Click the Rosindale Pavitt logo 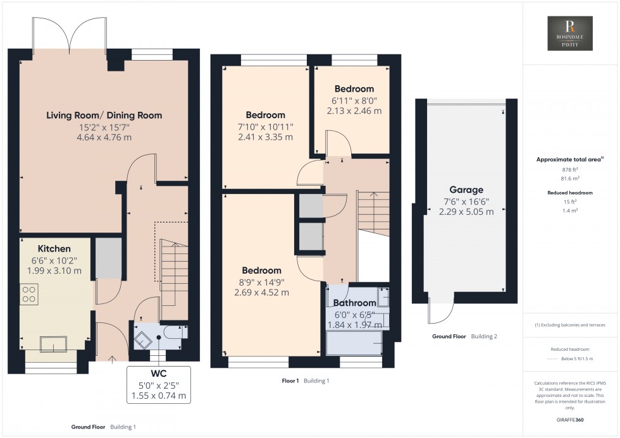[x=569, y=33]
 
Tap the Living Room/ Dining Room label [x=104, y=115]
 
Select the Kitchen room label [x=54, y=248]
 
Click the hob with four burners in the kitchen [x=29, y=294]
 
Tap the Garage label [x=466, y=190]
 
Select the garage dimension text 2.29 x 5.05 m [x=466, y=212]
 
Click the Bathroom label [x=355, y=303]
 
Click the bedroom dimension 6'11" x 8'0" [x=354, y=100]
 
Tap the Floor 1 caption [x=290, y=380]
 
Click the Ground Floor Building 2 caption [x=464, y=336]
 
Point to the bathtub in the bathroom [x=354, y=343]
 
